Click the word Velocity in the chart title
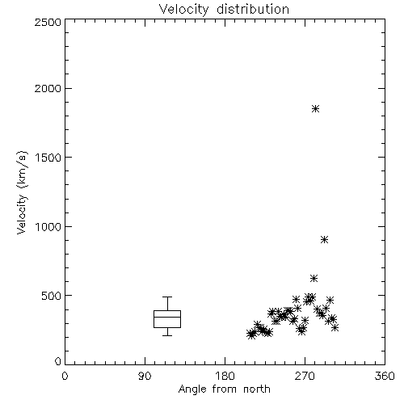click(x=184, y=10)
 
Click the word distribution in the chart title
click(x=253, y=9)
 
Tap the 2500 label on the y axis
click(x=48, y=22)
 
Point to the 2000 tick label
click(x=48, y=88)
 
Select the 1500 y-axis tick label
click(x=48, y=158)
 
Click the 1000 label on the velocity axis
click(x=48, y=227)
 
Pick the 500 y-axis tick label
click(x=51, y=296)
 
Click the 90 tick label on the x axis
click(x=145, y=376)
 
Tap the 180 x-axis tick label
click(x=225, y=376)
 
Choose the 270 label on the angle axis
click(x=305, y=376)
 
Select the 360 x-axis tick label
click(x=385, y=376)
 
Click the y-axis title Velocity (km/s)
click(x=22, y=192)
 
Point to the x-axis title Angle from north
click(x=225, y=389)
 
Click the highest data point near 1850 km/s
click(x=315, y=109)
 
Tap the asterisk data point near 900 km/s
click(x=325, y=239)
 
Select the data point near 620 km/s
click(x=314, y=278)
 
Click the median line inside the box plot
click(x=167, y=317)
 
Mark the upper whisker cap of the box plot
click(x=167, y=297)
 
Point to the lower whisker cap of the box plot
click(x=167, y=335)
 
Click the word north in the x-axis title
click(x=257, y=389)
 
